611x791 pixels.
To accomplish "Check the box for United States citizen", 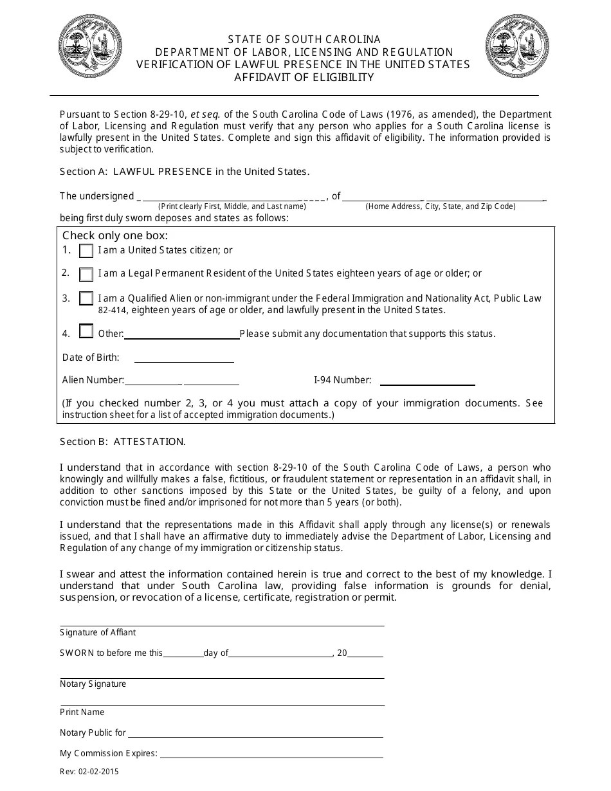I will pyautogui.click(x=86, y=251).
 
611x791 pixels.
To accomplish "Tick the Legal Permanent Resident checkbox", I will pyautogui.click(x=86, y=274).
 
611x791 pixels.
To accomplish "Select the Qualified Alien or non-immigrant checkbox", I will pyautogui.click(x=86, y=298).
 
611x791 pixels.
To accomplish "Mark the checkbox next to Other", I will pyautogui.click(x=86, y=332).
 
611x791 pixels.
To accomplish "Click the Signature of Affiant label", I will pyautogui.click(x=98, y=632).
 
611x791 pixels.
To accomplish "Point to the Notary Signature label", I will pyautogui.click(x=93, y=684).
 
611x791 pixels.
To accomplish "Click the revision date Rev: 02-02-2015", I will pyautogui.click(x=89, y=771).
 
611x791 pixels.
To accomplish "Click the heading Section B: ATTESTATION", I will pyautogui.click(x=123, y=442).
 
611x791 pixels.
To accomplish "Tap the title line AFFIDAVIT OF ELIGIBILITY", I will pyautogui.click(x=304, y=77).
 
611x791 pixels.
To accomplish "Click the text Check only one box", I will pyautogui.click(x=115, y=235).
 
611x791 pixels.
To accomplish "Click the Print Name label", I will pyautogui.click(x=82, y=712).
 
